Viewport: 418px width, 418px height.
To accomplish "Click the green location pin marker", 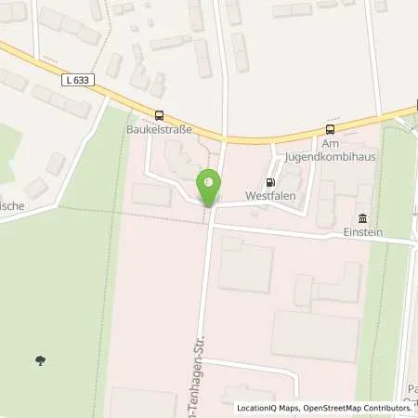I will tap(209, 186).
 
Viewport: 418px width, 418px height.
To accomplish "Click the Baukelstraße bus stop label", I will tap(160, 129).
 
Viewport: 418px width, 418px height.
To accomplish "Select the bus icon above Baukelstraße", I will tap(160, 115).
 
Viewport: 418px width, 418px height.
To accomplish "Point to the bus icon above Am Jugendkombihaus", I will tap(330, 129).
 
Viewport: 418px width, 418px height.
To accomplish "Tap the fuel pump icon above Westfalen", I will tap(270, 182).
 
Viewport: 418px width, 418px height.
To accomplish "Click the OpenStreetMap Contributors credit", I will tap(363, 408).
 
